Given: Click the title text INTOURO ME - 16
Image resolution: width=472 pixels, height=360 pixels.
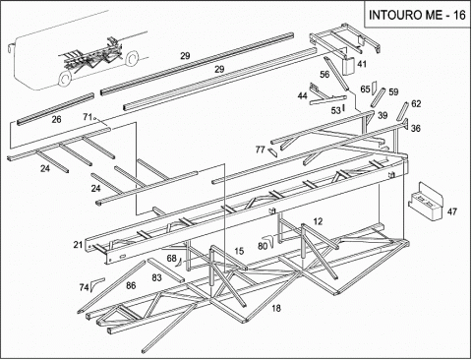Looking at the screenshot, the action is tap(417, 15).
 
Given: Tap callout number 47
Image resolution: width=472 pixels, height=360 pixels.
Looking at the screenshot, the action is tap(452, 211).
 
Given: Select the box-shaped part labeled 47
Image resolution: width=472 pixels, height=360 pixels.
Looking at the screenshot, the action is tap(425, 201).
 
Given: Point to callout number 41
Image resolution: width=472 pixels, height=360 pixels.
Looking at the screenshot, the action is tap(362, 64).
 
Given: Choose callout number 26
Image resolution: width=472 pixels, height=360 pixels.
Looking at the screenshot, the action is tap(56, 119).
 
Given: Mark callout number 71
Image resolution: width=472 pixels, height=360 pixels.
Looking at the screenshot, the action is tap(87, 117).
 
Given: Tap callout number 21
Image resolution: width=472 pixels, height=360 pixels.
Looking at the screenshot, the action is tap(78, 245).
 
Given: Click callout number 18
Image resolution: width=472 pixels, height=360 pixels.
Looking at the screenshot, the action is tap(276, 308).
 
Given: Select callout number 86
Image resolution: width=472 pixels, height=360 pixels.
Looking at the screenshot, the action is tap(131, 285).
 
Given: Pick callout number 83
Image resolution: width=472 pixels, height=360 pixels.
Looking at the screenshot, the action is tap(156, 277).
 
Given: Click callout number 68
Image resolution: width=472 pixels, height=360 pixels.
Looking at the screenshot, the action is tap(171, 259).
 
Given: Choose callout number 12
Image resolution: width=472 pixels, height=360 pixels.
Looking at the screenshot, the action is tap(318, 221).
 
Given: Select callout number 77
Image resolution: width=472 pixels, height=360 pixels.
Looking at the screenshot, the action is tap(260, 150).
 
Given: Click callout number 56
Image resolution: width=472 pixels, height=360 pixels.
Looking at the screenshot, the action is tap(324, 75).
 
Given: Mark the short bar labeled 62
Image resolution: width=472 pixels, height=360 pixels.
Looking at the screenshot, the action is tap(402, 111).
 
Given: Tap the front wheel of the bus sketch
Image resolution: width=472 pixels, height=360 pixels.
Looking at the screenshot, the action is tap(65, 79).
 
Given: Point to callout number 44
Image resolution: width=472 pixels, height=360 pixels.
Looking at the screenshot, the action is tap(302, 95).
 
